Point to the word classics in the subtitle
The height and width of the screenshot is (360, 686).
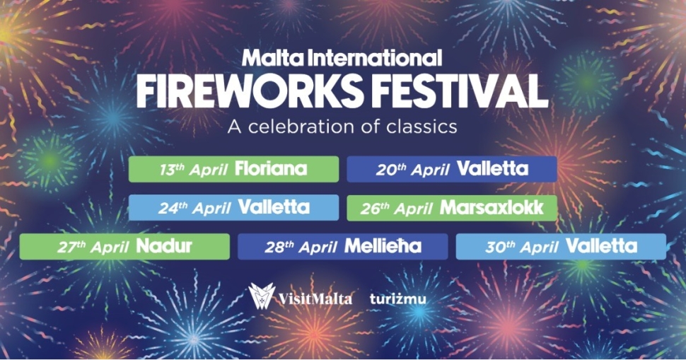[415, 127]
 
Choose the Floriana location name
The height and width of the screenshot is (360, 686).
[271, 168]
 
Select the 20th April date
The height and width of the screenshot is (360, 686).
[412, 169]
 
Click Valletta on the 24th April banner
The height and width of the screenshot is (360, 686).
[274, 207]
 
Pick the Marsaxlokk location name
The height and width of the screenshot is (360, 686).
[492, 207]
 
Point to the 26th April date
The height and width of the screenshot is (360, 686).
[396, 208]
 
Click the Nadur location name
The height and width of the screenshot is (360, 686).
[164, 246]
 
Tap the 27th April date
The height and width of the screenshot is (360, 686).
[93, 247]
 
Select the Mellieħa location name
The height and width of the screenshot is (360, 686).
[383, 246]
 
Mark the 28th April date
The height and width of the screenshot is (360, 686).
[301, 247]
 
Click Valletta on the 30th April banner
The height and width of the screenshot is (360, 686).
[601, 246]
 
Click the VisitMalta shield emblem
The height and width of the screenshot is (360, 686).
[262, 296]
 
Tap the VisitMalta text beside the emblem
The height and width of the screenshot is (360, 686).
[315, 298]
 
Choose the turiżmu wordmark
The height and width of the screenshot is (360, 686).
[397, 298]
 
